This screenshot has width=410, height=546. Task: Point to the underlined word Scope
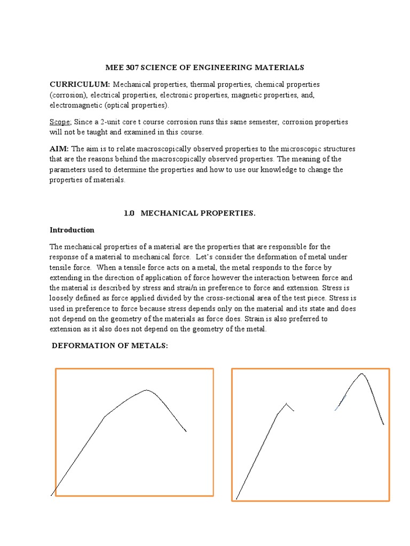tap(60, 122)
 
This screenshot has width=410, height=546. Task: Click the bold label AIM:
tap(59, 149)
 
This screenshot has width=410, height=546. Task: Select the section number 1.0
tap(129, 213)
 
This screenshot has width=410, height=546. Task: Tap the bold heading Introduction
tap(72, 230)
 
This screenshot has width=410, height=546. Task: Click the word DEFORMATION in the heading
tap(81, 346)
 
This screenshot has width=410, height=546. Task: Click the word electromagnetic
tap(76, 105)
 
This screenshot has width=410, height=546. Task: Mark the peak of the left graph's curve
tap(147, 390)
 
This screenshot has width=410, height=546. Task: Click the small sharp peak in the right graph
tap(287, 403)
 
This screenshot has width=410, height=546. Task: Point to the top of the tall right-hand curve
tap(362, 373)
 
